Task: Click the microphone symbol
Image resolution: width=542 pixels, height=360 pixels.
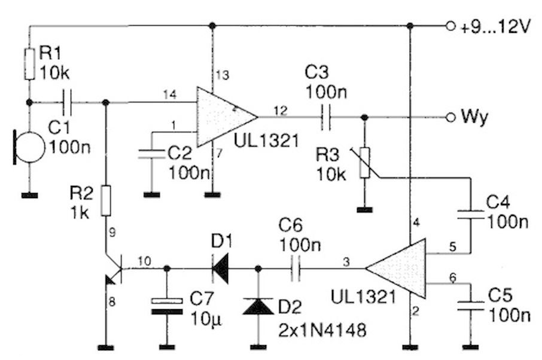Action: click(29, 147)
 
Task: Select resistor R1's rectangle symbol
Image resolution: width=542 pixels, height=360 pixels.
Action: click(30, 64)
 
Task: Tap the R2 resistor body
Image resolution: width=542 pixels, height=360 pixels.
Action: click(106, 201)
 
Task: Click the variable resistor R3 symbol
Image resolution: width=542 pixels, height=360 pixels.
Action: click(364, 163)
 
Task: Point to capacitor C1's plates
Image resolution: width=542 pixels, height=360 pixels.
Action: click(67, 102)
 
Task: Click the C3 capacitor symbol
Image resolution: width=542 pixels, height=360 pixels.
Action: click(325, 117)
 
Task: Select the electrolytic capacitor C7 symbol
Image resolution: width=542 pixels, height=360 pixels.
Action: click(167, 306)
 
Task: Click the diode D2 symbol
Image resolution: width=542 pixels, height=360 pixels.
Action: click(258, 306)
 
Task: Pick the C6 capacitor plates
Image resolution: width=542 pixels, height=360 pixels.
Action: click(296, 269)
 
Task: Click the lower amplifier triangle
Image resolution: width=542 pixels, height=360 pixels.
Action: click(396, 268)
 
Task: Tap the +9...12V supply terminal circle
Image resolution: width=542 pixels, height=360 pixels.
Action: click(450, 26)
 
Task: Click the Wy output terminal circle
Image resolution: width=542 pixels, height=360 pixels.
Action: click(450, 117)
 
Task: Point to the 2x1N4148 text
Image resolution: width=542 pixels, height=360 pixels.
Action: click(322, 330)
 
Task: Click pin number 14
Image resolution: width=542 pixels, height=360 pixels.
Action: click(170, 94)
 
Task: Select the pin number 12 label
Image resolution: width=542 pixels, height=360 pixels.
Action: click(281, 111)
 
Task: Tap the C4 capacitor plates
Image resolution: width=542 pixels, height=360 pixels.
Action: click(470, 214)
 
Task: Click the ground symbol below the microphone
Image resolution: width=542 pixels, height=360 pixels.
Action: click(30, 196)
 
